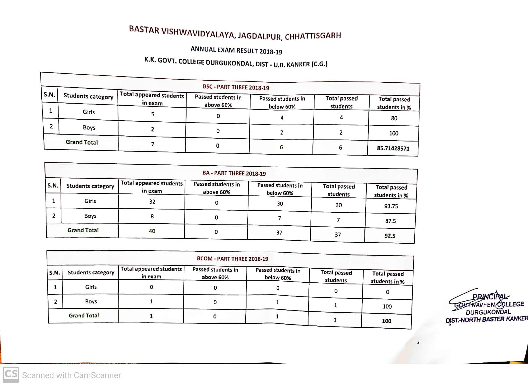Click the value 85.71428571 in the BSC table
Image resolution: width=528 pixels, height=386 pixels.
(x=393, y=148)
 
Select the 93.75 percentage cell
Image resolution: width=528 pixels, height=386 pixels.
(x=391, y=206)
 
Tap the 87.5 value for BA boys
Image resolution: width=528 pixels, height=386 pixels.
(x=390, y=221)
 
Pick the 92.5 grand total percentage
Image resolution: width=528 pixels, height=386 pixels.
(x=390, y=236)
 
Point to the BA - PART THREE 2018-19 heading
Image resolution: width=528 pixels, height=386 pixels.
(x=234, y=173)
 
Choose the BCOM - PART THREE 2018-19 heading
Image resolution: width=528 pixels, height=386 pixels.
(x=232, y=259)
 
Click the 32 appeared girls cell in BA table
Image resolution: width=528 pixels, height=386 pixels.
(x=152, y=201)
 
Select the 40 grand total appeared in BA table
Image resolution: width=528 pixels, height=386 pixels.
(x=152, y=231)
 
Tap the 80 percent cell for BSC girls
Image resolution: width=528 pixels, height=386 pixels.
(x=394, y=118)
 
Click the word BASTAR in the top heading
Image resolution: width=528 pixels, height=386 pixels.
(x=144, y=30)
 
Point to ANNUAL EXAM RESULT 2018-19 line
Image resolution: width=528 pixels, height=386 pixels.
(x=236, y=51)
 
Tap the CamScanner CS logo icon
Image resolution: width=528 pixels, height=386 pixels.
(x=11, y=375)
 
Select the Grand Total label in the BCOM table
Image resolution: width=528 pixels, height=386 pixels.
(x=84, y=315)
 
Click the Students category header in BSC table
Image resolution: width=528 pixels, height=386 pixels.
(x=88, y=96)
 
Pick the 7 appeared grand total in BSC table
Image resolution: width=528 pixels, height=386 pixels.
(x=153, y=144)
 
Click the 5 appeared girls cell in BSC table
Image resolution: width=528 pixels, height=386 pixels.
(x=153, y=114)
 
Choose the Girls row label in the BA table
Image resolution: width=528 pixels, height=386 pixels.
(x=90, y=201)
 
